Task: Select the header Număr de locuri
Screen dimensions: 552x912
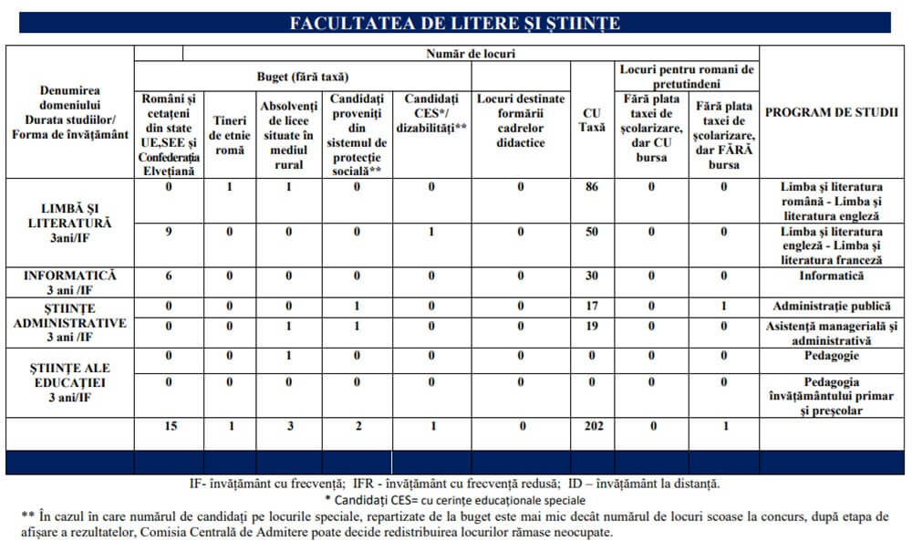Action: pos(471,54)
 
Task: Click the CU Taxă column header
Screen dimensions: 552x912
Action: pos(592,120)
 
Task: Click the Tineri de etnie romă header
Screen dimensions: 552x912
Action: pos(229,134)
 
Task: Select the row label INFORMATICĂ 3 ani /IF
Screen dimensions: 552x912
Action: pos(69,282)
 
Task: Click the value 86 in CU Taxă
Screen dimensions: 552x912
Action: pos(592,187)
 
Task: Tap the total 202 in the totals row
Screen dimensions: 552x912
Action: pos(592,426)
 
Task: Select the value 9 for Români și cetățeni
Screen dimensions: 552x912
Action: pos(169,232)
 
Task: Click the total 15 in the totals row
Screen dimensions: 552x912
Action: pos(169,426)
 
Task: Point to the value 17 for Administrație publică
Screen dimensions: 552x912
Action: pos(592,306)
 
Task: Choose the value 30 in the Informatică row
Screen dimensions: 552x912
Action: pos(592,276)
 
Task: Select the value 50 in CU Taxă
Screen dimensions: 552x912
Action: pos(592,232)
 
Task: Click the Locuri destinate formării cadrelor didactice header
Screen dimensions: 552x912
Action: pos(521,120)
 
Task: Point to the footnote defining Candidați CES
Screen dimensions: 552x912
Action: pos(455,500)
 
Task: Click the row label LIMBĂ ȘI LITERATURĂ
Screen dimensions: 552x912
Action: pos(70,222)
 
